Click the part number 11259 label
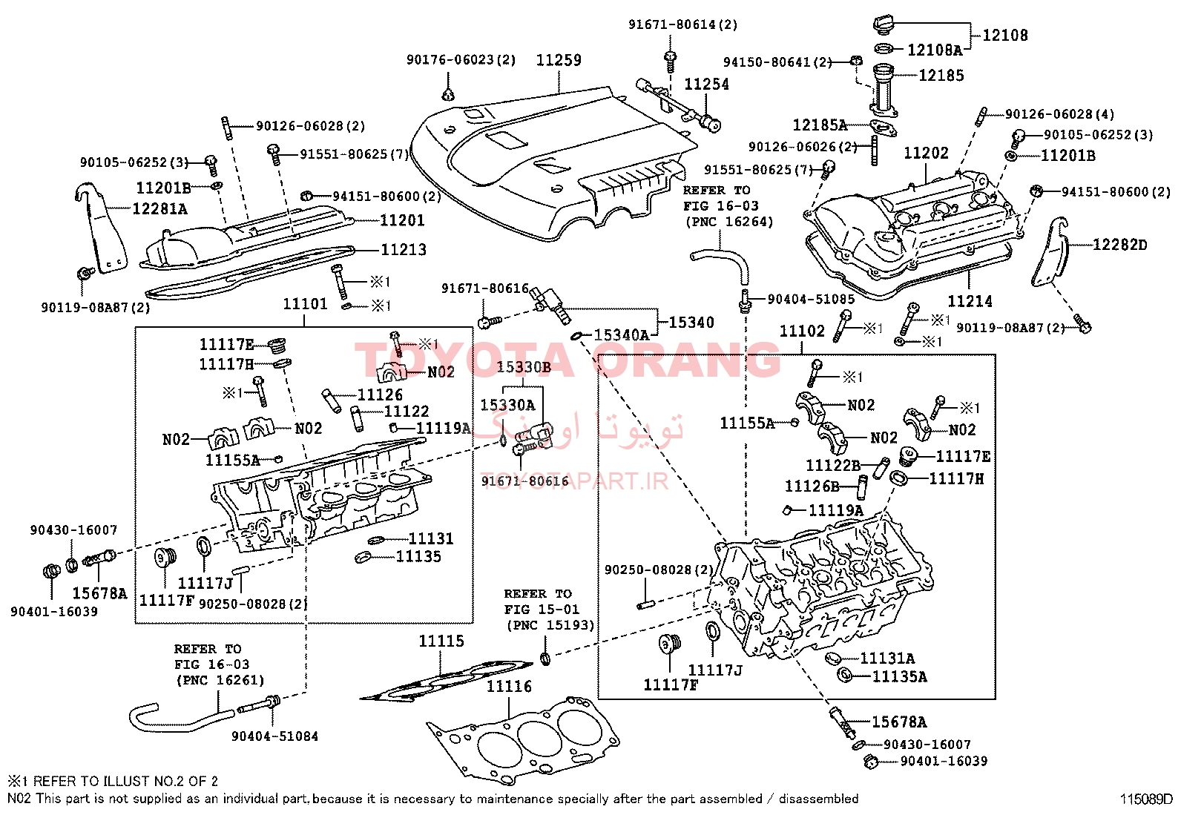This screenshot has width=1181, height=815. (559, 60)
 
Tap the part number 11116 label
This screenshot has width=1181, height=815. (509, 687)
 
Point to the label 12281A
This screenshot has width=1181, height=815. (159, 209)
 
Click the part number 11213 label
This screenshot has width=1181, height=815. (404, 249)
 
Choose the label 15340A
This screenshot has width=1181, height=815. (622, 334)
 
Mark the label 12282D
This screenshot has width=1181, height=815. (1120, 245)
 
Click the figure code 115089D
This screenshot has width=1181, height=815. (1145, 799)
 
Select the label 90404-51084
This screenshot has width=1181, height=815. (274, 736)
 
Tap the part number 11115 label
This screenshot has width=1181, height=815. (441, 641)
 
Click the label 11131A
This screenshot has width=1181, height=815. (887, 659)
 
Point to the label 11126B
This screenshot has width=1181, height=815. (812, 486)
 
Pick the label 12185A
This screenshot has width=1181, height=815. (820, 125)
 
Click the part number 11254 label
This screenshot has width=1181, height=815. (706, 85)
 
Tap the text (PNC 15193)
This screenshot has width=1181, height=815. (550, 625)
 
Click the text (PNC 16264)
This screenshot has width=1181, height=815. (729, 222)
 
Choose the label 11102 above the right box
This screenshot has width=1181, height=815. (802, 331)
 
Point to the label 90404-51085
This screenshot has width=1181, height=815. (811, 300)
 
